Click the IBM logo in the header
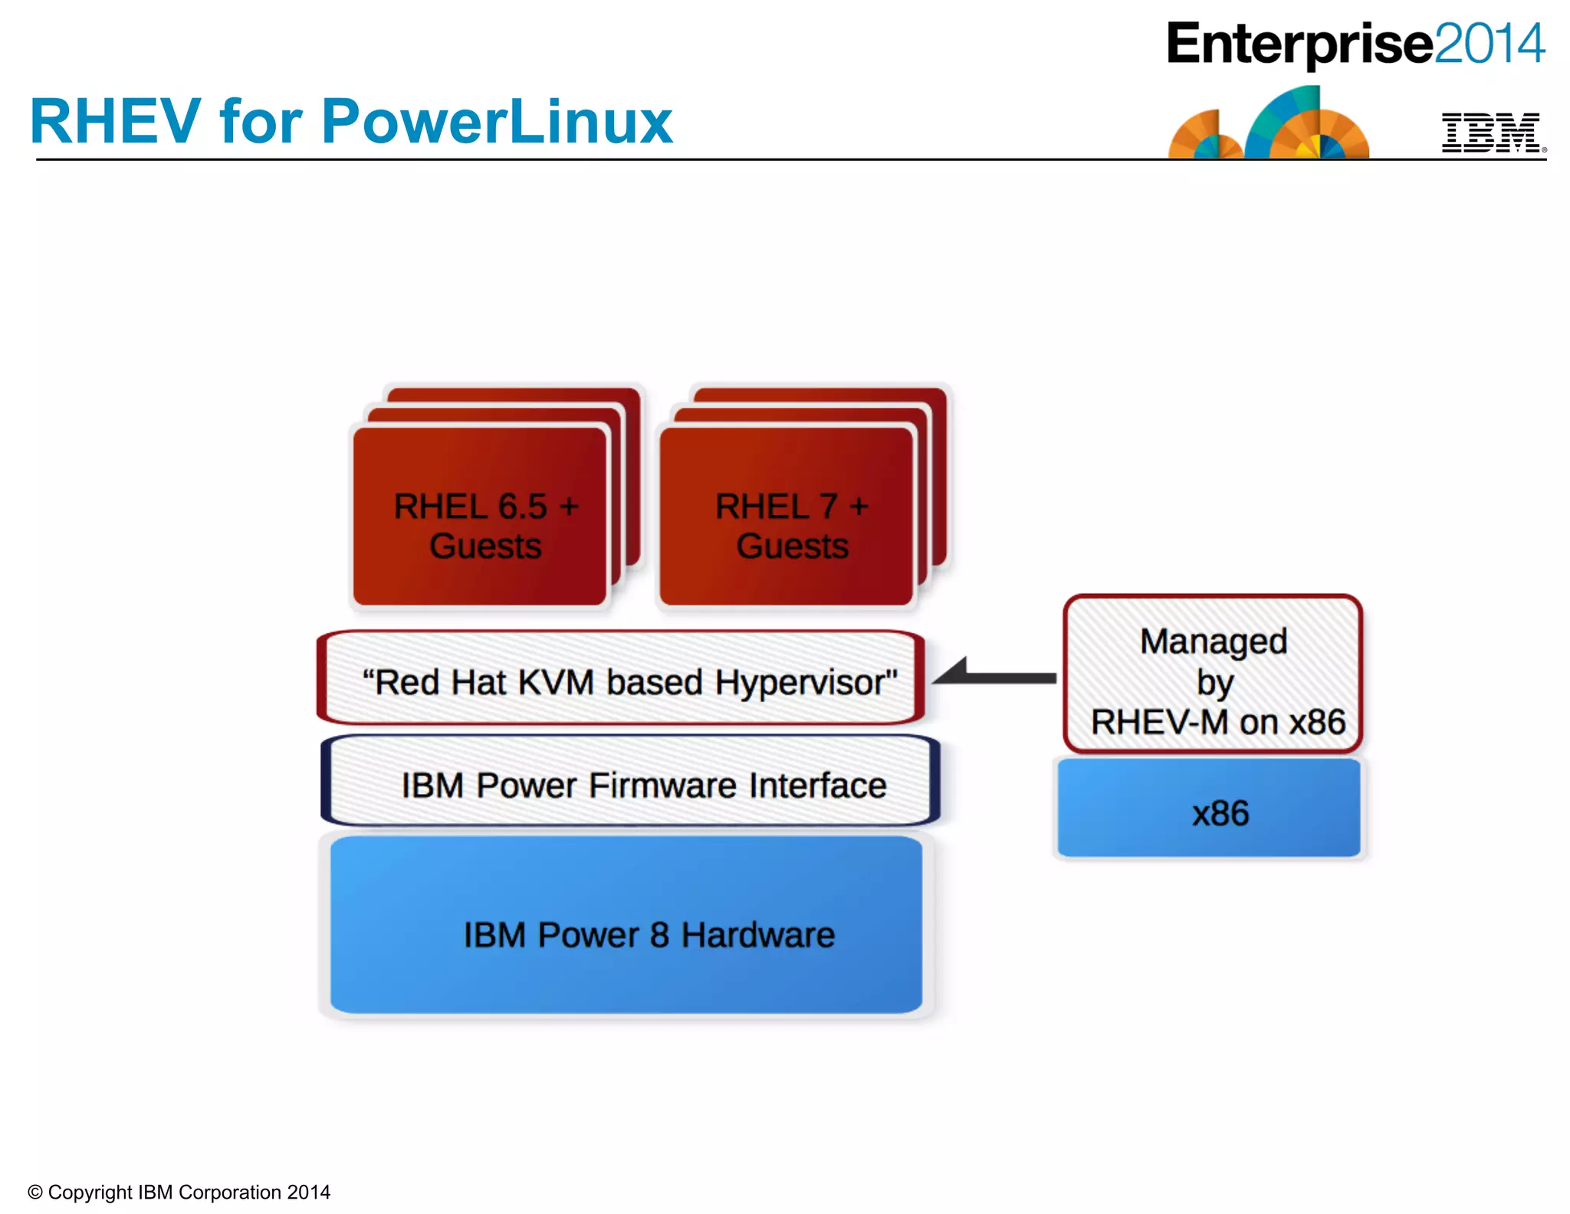pos(1491,133)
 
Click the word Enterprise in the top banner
pos(1299,44)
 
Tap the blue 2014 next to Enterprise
pos(1490,44)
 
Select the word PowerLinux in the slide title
pos(497,122)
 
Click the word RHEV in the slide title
pos(116,122)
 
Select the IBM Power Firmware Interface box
pos(630,782)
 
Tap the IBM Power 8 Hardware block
pos(627,926)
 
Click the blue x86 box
pos(1209,809)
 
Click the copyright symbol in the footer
pos(34,1193)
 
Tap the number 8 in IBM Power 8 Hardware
pos(659,935)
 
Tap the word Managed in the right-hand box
pos(1214,641)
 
